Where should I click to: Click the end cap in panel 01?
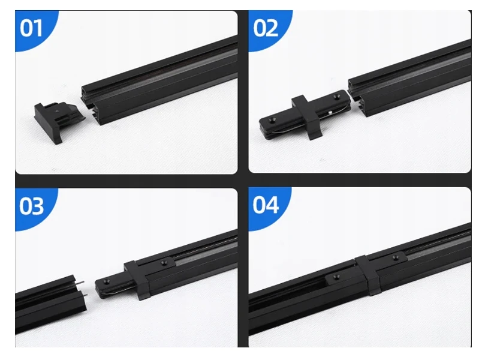tap(59, 121)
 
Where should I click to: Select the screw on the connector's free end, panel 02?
tap(273, 120)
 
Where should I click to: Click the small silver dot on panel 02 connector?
tap(330, 112)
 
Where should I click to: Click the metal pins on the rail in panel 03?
tap(82, 289)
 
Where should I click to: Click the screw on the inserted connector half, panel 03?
tap(163, 263)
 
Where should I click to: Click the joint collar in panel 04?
tap(368, 275)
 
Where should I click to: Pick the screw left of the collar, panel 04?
tap(336, 277)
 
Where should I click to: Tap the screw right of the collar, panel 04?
tap(395, 257)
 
